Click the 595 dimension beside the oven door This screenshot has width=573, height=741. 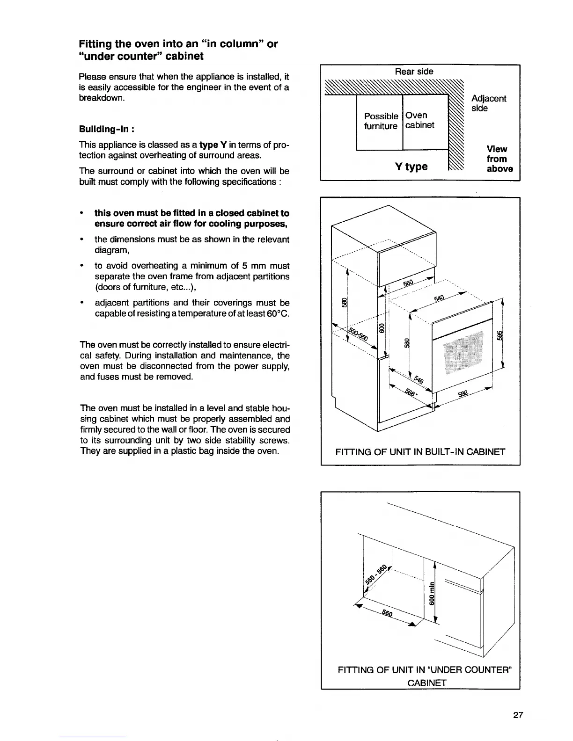499,336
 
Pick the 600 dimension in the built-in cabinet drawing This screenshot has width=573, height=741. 382,328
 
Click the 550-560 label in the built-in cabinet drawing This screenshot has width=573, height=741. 359,333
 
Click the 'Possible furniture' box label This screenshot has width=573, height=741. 381,121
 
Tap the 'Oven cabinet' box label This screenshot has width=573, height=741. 419,120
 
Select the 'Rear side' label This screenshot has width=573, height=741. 414,72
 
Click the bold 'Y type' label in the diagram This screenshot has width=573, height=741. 411,167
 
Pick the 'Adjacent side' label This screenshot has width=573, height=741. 488,103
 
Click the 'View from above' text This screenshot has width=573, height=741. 499,159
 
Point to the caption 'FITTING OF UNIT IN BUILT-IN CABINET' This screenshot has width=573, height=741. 420,452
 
